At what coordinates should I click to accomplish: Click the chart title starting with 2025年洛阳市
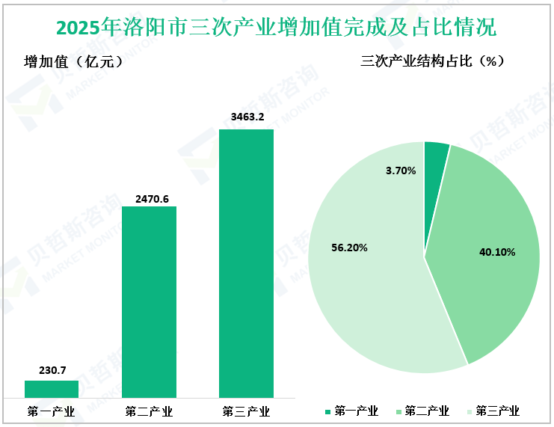[x=276, y=28]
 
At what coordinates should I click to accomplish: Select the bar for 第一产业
[x=52, y=389]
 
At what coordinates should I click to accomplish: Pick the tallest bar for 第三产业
[x=246, y=263]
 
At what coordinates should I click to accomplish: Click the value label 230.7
[x=52, y=370]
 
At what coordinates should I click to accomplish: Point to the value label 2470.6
[x=149, y=198]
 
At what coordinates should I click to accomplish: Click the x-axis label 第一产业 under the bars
[x=52, y=411]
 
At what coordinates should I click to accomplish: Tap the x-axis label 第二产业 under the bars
[x=149, y=411]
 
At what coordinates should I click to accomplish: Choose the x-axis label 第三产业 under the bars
[x=246, y=411]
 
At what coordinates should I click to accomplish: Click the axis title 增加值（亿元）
[x=73, y=62]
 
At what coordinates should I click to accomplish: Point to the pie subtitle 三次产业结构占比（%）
[x=433, y=62]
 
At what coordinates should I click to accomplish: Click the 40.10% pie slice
[x=493, y=247]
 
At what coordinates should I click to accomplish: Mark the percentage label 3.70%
[x=401, y=171]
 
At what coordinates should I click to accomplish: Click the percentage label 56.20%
[x=349, y=248]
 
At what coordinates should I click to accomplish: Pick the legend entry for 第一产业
[x=351, y=411]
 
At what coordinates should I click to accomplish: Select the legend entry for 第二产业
[x=422, y=411]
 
